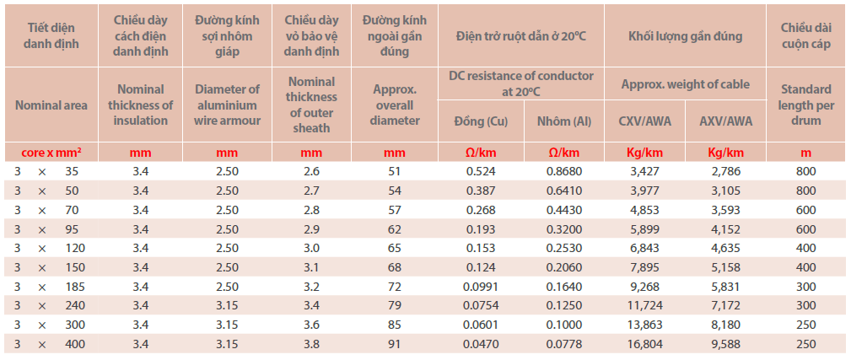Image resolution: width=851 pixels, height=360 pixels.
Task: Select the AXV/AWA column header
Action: [x=726, y=121]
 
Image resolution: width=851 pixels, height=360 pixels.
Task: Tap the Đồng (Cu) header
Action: [x=481, y=121]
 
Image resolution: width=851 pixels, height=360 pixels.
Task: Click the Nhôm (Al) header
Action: [x=564, y=121]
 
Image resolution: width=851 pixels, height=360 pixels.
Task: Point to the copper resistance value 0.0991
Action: [x=481, y=287]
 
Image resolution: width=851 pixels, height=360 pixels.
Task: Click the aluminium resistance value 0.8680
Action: [x=564, y=172]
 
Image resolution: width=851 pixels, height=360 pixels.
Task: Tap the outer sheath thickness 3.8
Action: [x=310, y=343]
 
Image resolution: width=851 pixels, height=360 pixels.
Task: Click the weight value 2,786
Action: [x=726, y=172]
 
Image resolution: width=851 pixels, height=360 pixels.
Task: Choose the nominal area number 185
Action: [x=75, y=287]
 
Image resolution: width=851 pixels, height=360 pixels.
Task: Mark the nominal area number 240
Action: [x=75, y=305]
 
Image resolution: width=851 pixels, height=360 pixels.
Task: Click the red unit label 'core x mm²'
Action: [x=50, y=153]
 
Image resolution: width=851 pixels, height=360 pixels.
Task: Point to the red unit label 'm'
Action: [x=806, y=153]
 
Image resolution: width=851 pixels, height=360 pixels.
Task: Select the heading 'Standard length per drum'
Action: [x=806, y=105]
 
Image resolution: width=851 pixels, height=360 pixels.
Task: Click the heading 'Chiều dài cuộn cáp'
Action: [x=806, y=36]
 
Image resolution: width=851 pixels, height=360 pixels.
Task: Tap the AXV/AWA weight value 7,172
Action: [x=726, y=305]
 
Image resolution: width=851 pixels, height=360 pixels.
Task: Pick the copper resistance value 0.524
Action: [x=481, y=172]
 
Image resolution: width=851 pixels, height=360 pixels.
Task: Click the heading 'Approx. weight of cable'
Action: [x=685, y=84]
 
